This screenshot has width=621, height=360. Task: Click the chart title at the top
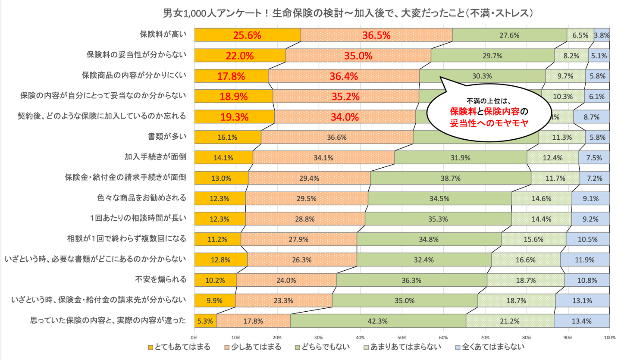coord(310,13)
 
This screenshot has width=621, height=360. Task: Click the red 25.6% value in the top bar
coord(248,35)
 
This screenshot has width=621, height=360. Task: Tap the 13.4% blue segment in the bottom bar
coord(582,321)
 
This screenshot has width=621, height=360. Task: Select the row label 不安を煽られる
coord(161,279)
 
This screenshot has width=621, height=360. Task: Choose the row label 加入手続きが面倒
coord(155,157)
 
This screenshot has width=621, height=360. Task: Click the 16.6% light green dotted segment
coord(526,260)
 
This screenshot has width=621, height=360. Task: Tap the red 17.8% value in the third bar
coord(232,76)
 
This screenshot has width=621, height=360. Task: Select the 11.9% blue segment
coord(585,260)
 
